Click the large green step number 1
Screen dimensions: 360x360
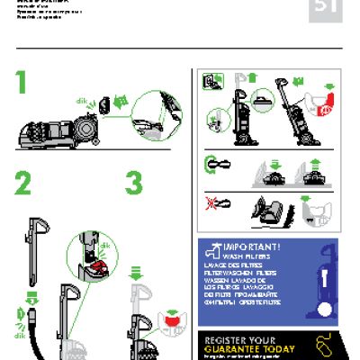pos(22,84)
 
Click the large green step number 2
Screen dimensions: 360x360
pos(22,184)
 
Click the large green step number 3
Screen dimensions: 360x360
pos(133,184)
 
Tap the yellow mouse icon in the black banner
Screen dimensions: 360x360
pos(325,343)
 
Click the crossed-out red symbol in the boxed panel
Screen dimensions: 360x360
pos(213,206)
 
